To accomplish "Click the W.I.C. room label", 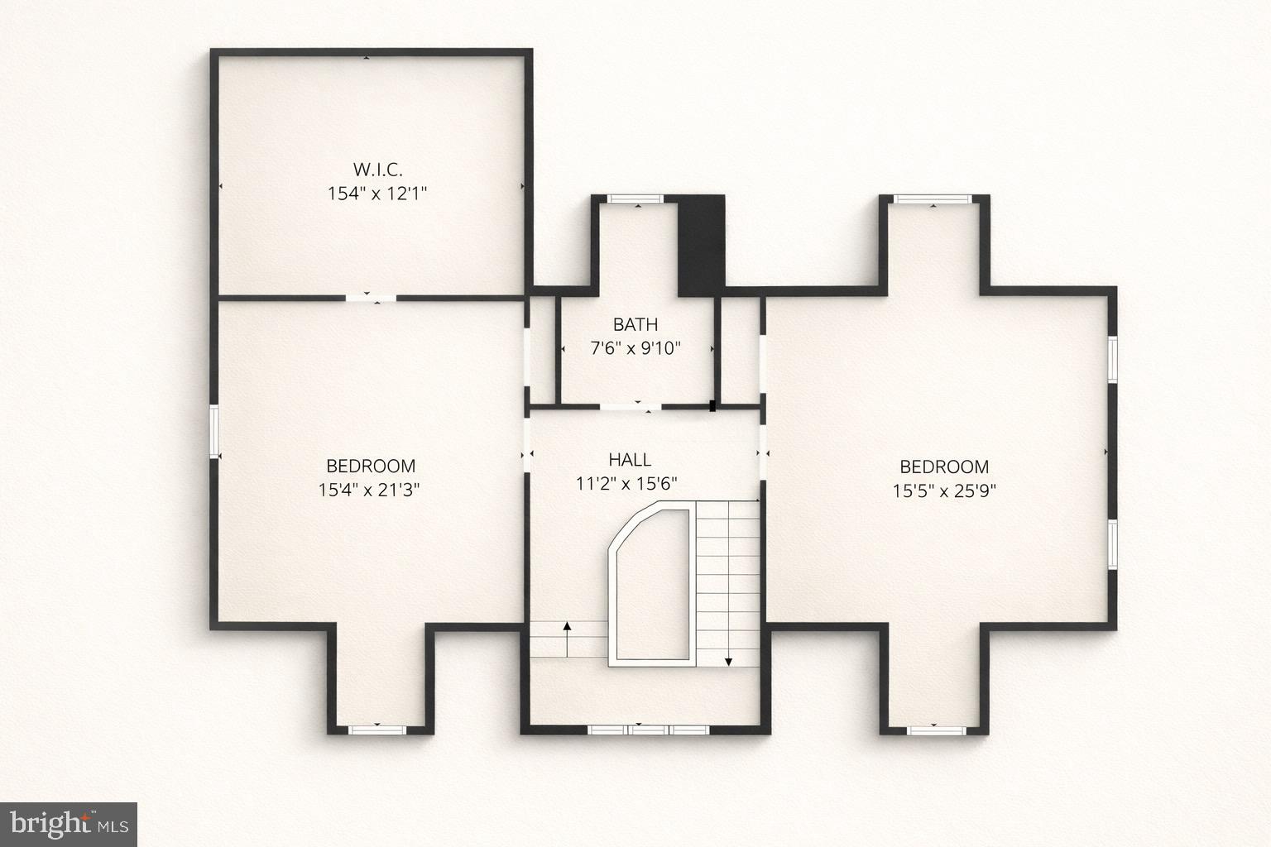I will coord(377,170).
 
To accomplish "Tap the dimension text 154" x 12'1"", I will coord(377,194).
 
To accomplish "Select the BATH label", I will coord(635,324).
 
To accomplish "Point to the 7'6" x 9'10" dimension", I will coord(635,348).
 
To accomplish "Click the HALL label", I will coord(630,460).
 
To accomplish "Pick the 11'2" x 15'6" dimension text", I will coord(627,484).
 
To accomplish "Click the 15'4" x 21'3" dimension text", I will coord(370,490).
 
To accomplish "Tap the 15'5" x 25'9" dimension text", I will coord(944,490).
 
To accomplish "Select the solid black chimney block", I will coord(701,245).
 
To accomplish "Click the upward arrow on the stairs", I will coord(567,638).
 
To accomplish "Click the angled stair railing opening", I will coord(650,586).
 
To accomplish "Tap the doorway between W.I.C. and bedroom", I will coord(370,297).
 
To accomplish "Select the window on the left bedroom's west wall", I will coord(214,431).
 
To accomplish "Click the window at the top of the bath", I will coord(635,199).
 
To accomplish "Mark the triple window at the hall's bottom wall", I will coord(649,730).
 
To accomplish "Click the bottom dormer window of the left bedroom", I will coord(377,730).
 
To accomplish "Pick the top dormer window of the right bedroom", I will coord(933,199).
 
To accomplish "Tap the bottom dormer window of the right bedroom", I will coord(934,730).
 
